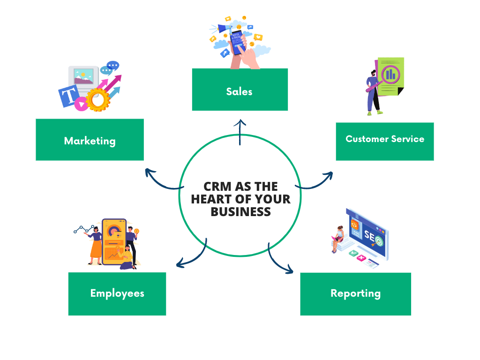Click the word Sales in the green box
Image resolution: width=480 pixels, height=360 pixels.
click(x=239, y=91)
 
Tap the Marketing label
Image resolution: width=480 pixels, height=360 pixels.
click(x=90, y=141)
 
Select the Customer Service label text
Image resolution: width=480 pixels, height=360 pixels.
click(x=384, y=139)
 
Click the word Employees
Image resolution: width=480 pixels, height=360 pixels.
click(x=117, y=293)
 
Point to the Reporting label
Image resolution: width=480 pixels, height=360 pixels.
click(x=355, y=293)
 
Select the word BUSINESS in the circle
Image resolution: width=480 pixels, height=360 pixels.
click(x=240, y=211)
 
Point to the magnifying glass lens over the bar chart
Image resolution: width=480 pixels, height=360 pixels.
click(x=390, y=74)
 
